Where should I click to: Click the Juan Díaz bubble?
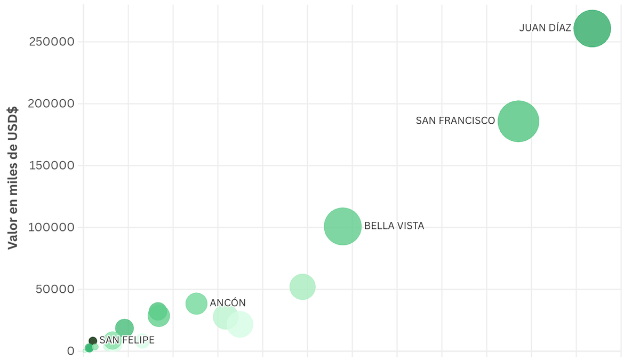coord(592,29)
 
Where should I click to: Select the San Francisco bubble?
coord(518,121)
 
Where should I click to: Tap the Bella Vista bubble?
coord(343,226)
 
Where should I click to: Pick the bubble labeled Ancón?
coord(196,303)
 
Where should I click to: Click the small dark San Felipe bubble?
coord(93,341)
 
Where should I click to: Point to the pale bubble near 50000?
coord(302,287)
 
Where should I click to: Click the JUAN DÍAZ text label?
coord(545,28)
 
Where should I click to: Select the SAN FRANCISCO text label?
coord(455,121)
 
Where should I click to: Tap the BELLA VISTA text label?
coord(394,226)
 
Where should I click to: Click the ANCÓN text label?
coord(228,303)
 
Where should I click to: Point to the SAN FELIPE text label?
coord(127,340)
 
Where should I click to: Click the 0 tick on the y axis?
coord(70,351)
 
